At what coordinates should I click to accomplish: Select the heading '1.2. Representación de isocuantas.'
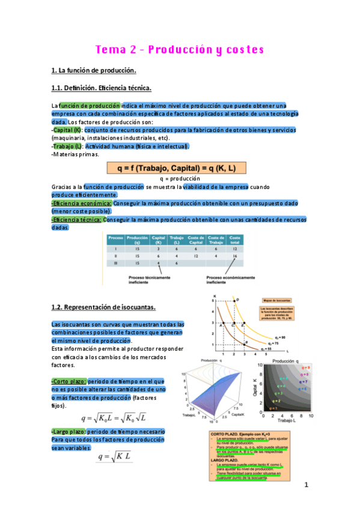(103, 308)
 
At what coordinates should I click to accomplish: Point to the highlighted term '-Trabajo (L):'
(67, 146)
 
